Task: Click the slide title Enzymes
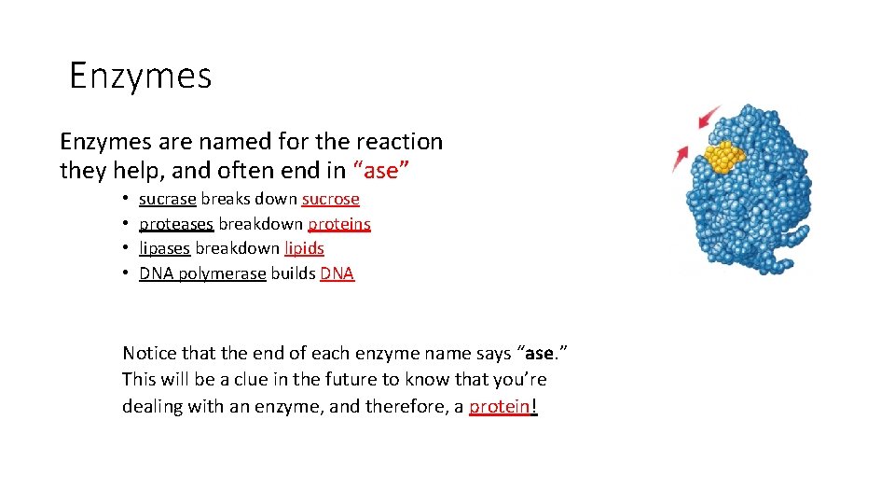[x=141, y=75]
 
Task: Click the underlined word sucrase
[x=167, y=199]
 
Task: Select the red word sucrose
[x=330, y=199]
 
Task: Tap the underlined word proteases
[x=176, y=224]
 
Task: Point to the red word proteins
[x=339, y=224]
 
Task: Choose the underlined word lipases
[x=164, y=248]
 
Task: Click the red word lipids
[x=304, y=248]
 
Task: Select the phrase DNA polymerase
[x=202, y=273]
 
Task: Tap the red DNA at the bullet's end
[x=337, y=273]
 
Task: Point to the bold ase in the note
[x=540, y=354]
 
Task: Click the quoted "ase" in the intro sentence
[x=382, y=172]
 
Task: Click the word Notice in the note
[x=149, y=354]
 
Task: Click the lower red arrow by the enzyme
[x=680, y=159]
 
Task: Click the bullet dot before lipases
[x=125, y=249]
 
